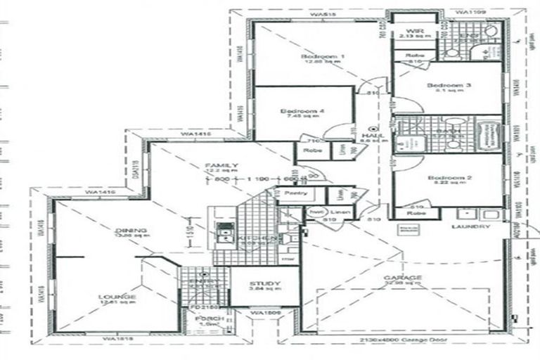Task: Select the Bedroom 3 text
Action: tap(449, 86)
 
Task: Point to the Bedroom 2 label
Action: tap(449, 179)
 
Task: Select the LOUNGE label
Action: tap(117, 297)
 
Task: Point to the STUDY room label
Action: tap(265, 284)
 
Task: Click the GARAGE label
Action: tap(403, 278)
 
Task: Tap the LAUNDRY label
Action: tap(470, 227)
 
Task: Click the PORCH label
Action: tap(210, 319)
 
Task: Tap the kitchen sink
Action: tap(226, 232)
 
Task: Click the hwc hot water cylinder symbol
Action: tap(314, 212)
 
